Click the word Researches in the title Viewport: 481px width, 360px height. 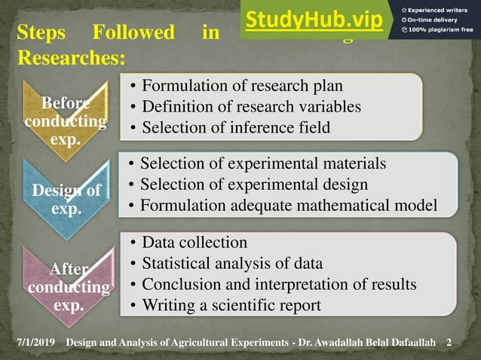(70, 58)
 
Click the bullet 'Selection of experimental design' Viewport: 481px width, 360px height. (254, 184)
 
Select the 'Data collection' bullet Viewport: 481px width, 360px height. (195, 243)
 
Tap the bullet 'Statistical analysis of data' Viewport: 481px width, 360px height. (232, 264)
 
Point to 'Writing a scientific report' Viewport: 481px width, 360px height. (231, 306)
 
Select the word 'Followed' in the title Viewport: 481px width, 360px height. (133, 33)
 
